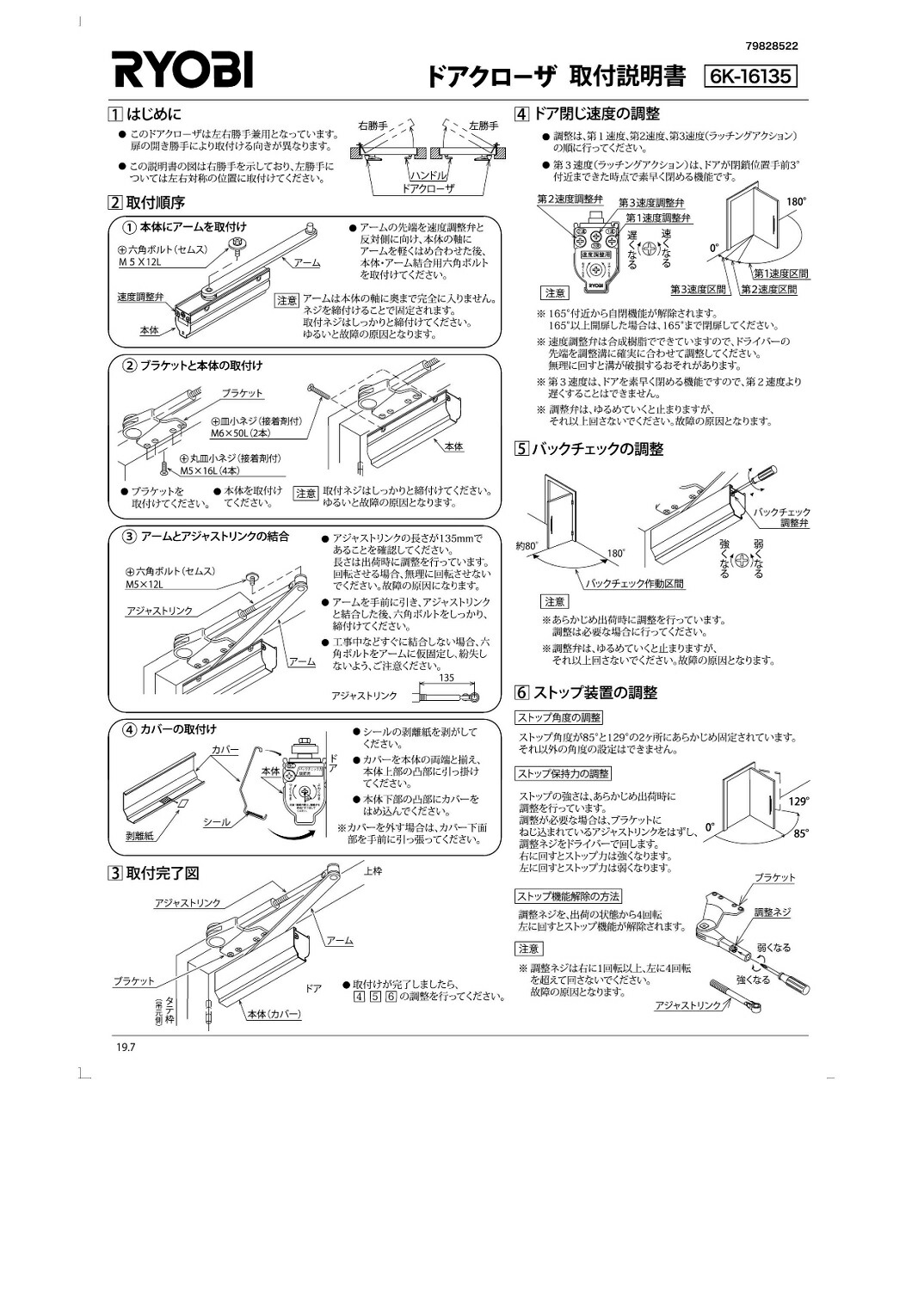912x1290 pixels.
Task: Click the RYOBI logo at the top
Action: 183,69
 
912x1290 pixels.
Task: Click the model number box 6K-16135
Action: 750,77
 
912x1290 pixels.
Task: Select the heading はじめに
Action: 155,114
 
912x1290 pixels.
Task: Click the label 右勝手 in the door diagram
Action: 373,126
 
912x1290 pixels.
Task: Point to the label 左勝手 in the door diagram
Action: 484,126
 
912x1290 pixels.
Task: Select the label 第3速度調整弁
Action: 651,203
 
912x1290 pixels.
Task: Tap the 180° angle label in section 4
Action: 797,202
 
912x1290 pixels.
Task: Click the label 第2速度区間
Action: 768,289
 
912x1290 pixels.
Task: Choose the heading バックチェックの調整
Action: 598,449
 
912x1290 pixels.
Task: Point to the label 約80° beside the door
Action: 527,545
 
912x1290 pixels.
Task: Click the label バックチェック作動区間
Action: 634,583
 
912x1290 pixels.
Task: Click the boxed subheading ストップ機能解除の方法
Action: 569,896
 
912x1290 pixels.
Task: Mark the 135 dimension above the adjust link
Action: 446,678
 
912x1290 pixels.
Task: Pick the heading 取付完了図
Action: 163,873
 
